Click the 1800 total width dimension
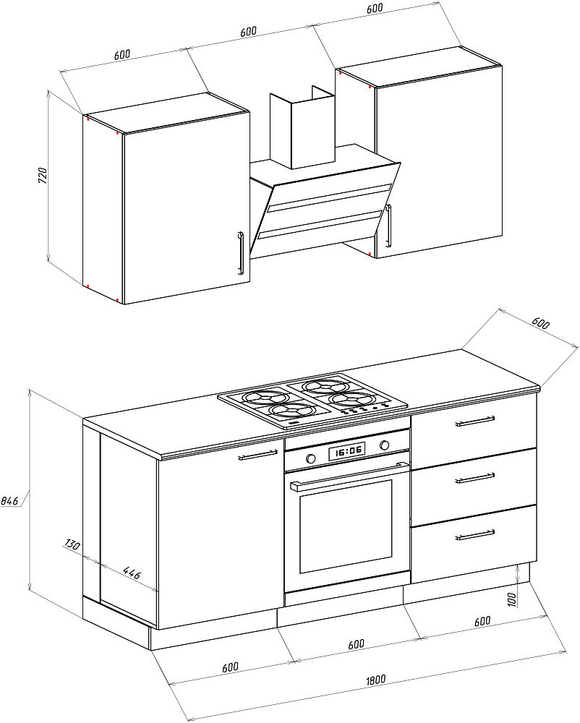pos(375,679)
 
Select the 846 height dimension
pos(9,500)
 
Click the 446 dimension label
pos(131,575)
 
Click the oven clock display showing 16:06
pos(348,451)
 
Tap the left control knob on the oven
pos(311,458)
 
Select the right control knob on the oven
pos(385,443)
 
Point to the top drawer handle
pos(474,421)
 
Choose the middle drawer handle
pos(474,478)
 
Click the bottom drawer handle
pos(474,535)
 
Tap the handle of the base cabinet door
pos(257,455)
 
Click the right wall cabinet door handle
pos(388,226)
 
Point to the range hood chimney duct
pos(302,130)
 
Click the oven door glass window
pos(345,526)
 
